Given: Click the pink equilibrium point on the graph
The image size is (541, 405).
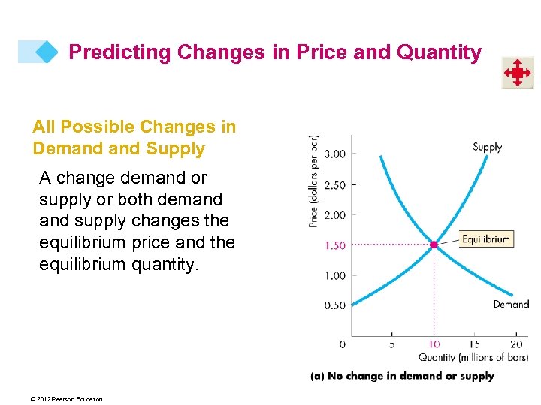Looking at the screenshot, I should tap(434, 244).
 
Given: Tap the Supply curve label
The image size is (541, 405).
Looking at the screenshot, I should tap(487, 147).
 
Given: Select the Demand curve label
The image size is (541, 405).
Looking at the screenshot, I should tap(511, 304).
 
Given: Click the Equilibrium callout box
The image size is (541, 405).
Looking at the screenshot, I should tap(485, 239).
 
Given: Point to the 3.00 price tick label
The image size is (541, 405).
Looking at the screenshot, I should tap(335, 154).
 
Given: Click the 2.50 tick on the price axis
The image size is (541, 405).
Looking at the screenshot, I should tap(335, 184).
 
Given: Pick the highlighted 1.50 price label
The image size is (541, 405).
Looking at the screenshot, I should tap(335, 245).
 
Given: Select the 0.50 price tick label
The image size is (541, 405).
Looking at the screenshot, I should tap(335, 305).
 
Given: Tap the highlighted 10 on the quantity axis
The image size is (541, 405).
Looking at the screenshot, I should tap(434, 344).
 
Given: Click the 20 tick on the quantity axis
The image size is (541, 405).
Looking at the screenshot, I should tap(516, 344).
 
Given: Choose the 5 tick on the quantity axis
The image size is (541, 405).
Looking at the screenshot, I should tap(391, 344).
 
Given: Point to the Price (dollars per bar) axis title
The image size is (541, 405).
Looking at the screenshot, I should tap(313, 181).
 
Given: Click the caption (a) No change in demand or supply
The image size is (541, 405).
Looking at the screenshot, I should tap(402, 376).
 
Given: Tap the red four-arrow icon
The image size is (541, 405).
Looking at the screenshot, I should tap(518, 73).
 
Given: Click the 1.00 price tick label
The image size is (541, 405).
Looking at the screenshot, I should tap(335, 275).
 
